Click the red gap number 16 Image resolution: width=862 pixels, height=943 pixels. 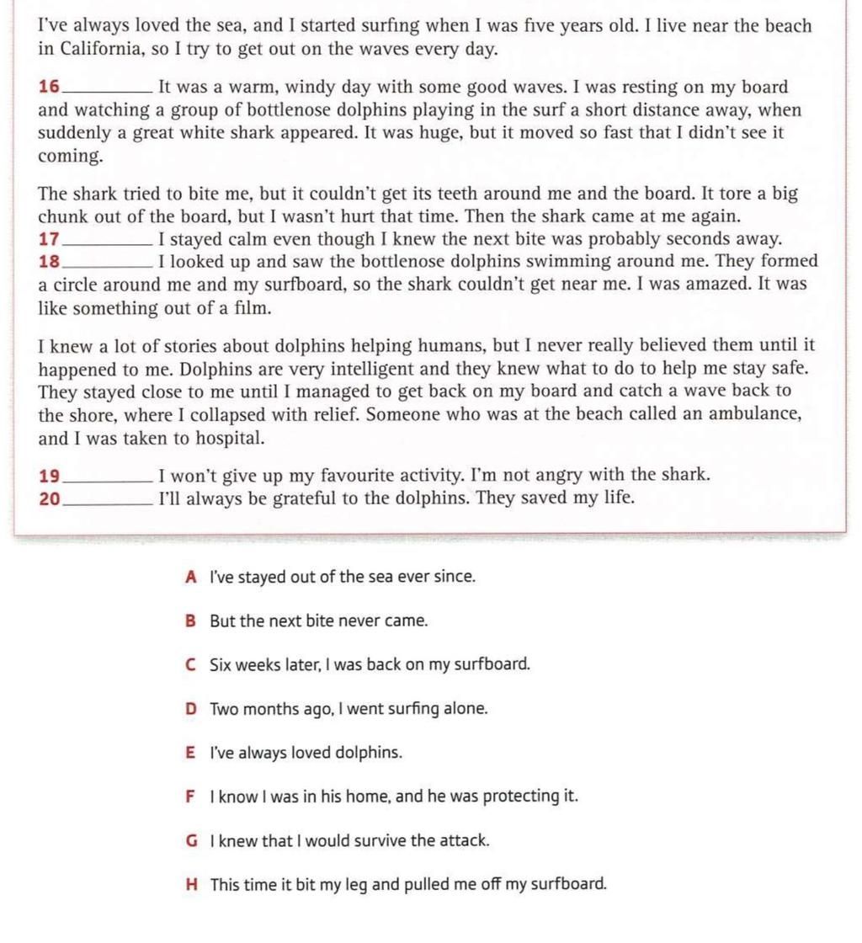click(50, 87)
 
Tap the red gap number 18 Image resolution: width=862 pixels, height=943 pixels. click(50, 262)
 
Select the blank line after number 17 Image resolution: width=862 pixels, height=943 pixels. click(108, 242)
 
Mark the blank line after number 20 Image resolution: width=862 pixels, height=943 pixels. click(108, 502)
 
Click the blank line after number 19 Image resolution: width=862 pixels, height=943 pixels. click(108, 479)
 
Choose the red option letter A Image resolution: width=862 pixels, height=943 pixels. click(191, 578)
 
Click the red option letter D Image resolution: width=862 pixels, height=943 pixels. click(191, 709)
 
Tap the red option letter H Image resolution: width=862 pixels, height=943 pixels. click(192, 884)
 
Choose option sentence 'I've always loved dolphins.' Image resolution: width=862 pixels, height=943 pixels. click(306, 753)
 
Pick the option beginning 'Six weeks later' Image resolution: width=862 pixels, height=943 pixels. click(370, 665)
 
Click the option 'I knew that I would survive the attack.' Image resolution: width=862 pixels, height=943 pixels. click(349, 840)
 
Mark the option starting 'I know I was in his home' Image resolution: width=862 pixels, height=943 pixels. click(394, 796)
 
